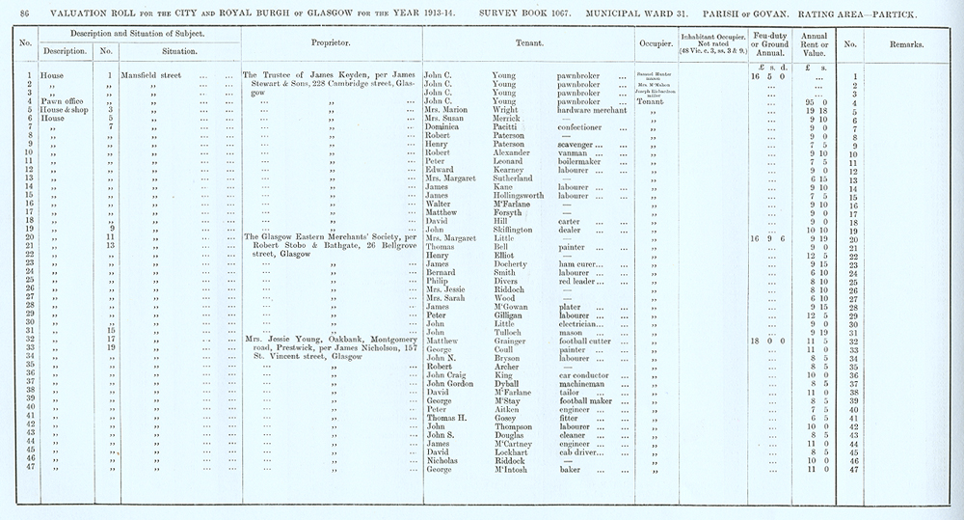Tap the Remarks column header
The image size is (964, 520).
[x=907, y=45]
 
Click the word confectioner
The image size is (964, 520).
[x=587, y=127]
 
